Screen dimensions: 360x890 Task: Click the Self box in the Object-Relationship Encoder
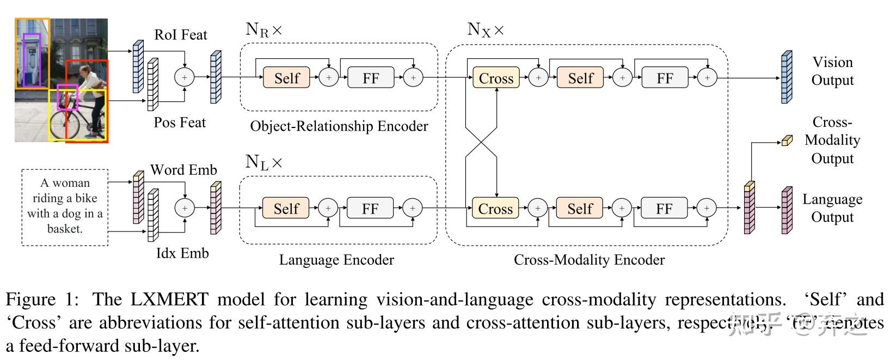tap(286, 78)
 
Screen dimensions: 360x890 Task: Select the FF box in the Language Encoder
tap(370, 209)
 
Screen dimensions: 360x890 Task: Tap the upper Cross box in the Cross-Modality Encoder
tap(496, 78)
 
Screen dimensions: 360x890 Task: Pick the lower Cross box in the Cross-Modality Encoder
tap(495, 209)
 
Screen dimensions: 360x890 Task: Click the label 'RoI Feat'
tap(181, 35)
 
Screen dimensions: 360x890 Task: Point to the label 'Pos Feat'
tap(180, 123)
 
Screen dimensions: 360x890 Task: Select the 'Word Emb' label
tap(183, 170)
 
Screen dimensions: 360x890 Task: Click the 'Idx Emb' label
tap(182, 253)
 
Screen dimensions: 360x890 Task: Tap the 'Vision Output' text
tap(832, 71)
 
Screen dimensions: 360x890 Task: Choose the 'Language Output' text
tap(832, 208)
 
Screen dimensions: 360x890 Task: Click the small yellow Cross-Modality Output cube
tap(787, 141)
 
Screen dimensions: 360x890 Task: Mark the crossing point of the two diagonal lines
tap(481, 143)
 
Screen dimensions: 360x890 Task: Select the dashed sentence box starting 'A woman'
tap(65, 207)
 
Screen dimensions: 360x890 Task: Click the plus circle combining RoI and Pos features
tap(184, 77)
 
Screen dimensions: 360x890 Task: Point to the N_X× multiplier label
tap(486, 29)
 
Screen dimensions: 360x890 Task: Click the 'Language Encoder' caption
tap(336, 260)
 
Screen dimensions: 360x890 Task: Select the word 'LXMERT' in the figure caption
tap(169, 300)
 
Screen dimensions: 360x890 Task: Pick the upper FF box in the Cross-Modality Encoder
tap(665, 78)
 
